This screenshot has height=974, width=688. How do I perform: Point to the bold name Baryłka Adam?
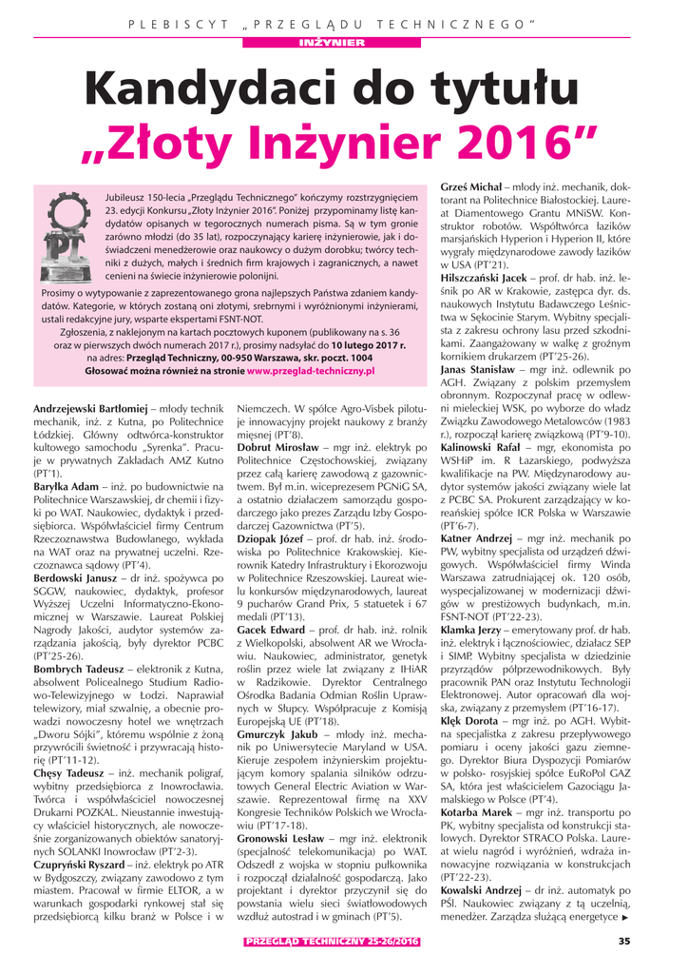pyautogui.click(x=66, y=485)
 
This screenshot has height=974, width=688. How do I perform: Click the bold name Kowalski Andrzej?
pyautogui.click(x=481, y=889)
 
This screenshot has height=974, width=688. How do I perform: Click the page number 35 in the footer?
pyautogui.click(x=623, y=942)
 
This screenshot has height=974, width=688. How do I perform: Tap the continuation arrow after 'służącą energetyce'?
pyautogui.click(x=625, y=918)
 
